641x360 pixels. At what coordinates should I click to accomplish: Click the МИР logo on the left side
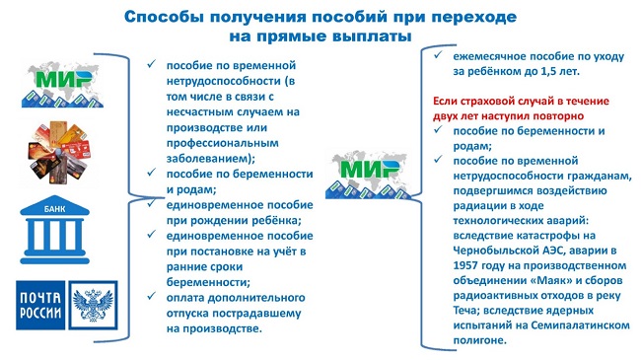pos(62,85)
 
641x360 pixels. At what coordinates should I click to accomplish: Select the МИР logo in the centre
pos(368,175)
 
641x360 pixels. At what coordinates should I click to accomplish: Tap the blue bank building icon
pos(55,230)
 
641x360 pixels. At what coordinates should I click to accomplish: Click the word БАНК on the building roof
pos(55,209)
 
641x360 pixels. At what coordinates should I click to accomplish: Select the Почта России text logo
pos(40,305)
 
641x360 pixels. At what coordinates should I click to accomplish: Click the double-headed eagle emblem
pos(93,305)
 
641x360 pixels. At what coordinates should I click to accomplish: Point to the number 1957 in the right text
pos(465,265)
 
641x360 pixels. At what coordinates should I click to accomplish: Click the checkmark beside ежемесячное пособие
pos(438,54)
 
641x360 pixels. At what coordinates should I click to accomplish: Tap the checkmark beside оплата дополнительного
pos(152,295)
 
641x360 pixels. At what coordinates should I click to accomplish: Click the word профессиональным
pos(223,143)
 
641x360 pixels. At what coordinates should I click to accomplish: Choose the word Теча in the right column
pos(465,310)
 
